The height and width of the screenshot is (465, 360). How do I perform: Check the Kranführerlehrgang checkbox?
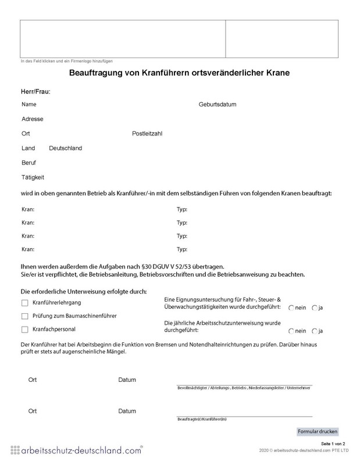point(24,303)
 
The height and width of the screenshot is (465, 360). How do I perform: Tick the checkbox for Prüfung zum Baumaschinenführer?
point(24,316)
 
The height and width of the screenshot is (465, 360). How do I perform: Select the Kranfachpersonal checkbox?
point(24,330)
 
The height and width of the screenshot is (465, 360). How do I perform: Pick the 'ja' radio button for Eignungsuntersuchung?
point(314,307)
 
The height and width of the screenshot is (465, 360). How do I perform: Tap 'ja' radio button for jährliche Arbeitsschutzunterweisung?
point(314,331)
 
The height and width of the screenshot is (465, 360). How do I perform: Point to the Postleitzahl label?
point(147,134)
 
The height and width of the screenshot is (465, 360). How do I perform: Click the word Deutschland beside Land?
point(65,148)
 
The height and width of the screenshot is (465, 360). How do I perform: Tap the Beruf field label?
point(29,162)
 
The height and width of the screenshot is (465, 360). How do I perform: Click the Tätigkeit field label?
point(33,177)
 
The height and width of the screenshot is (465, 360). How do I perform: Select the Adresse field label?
point(32,119)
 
